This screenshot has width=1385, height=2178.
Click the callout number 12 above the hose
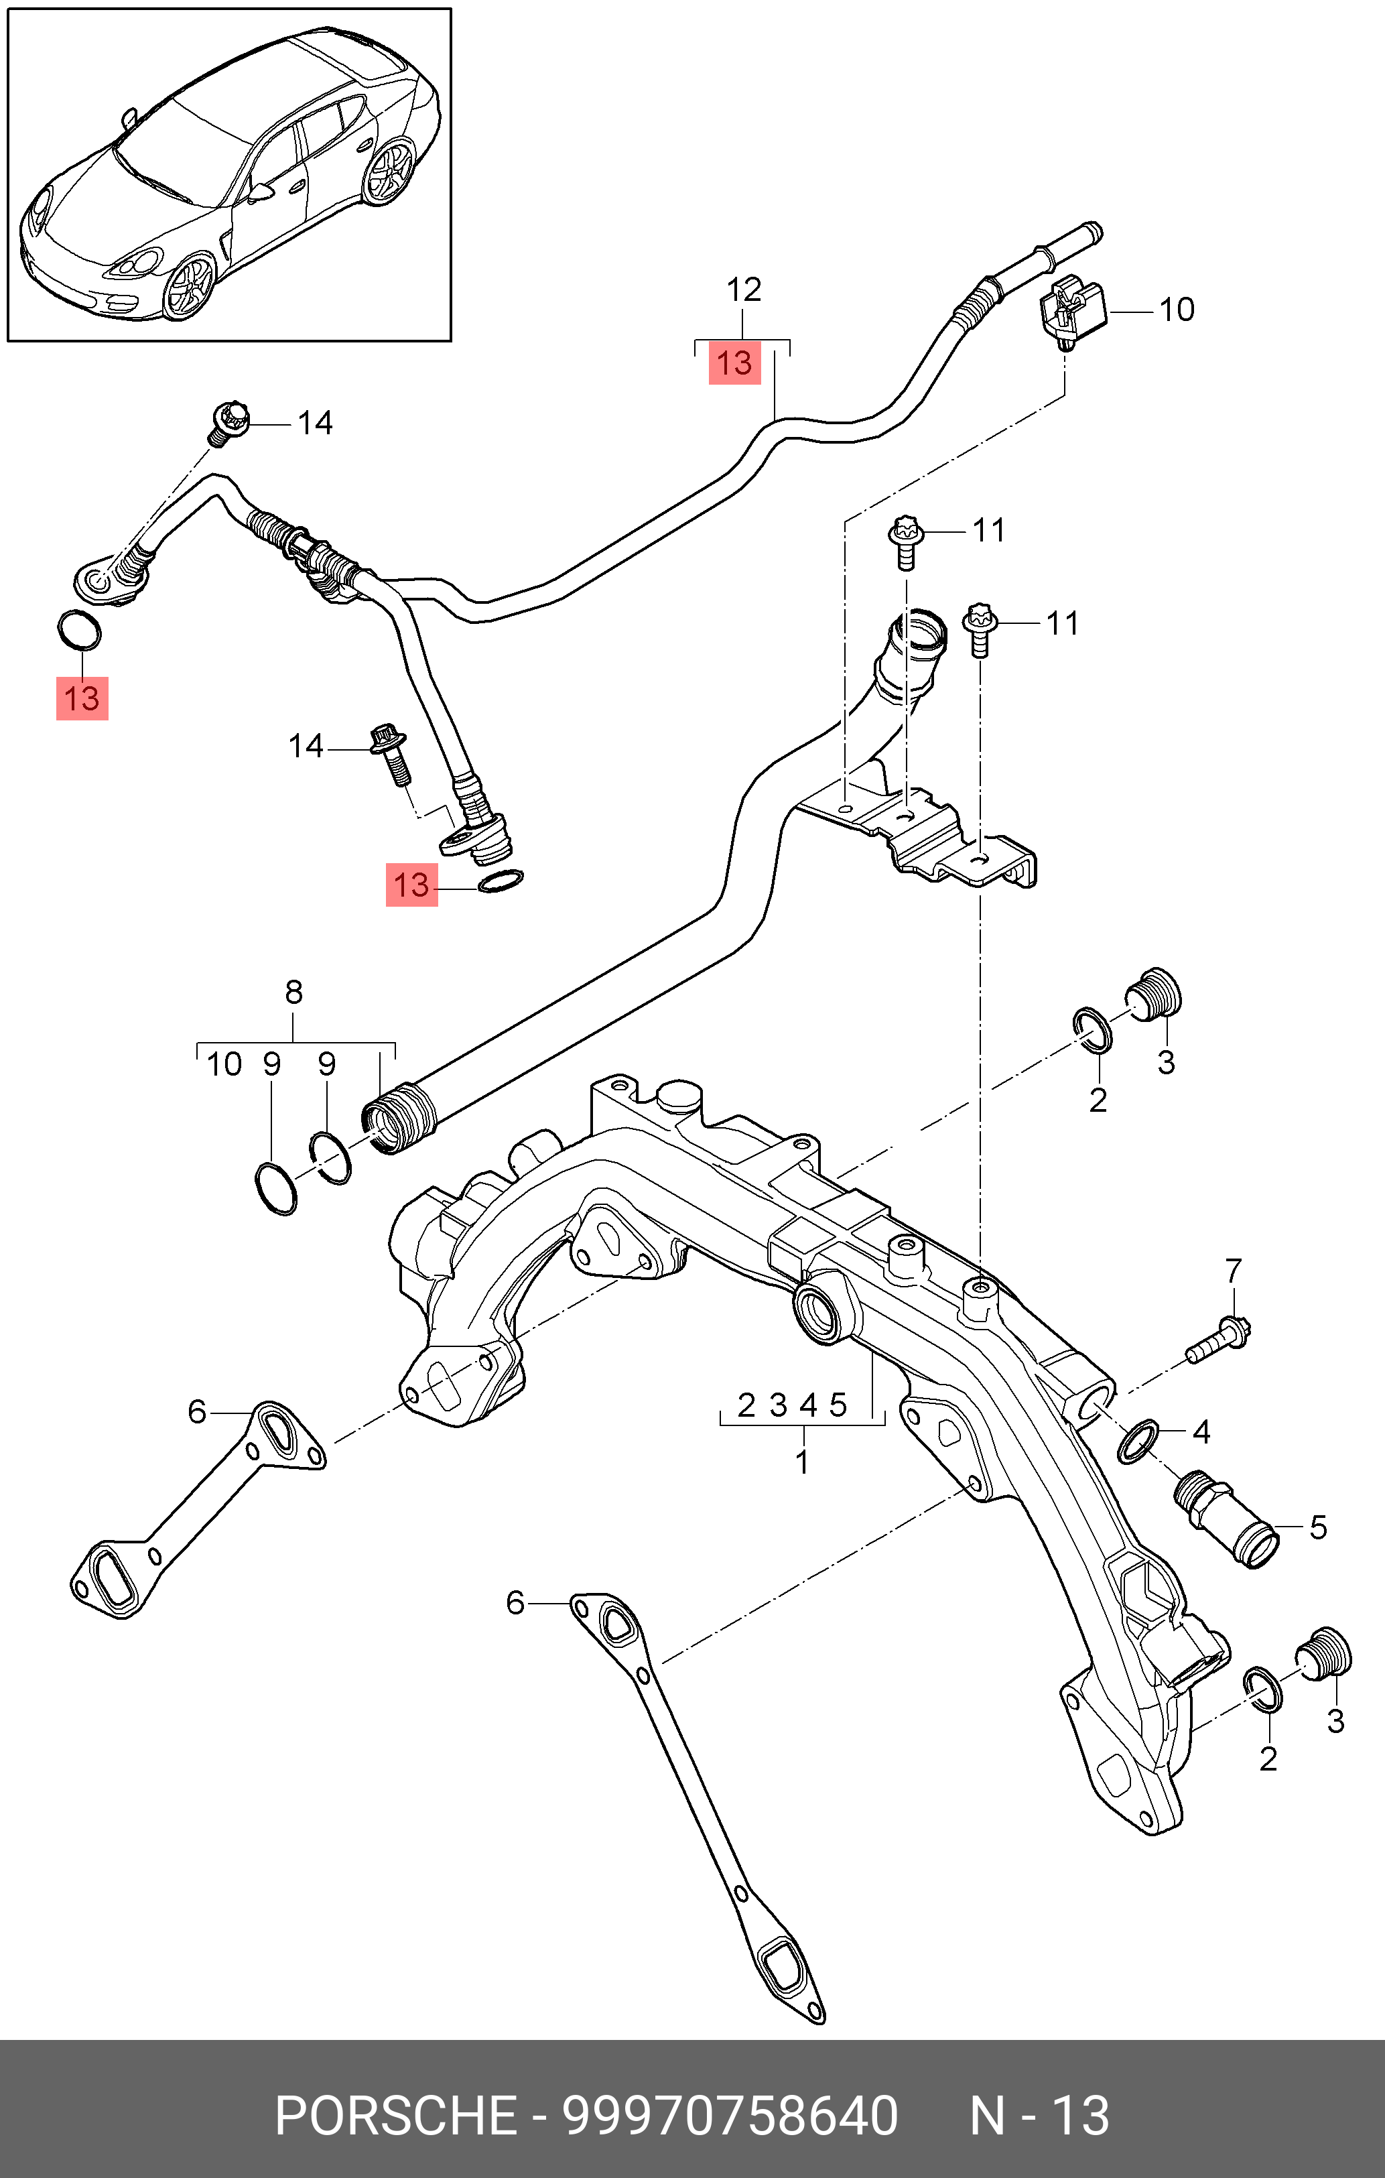click(744, 290)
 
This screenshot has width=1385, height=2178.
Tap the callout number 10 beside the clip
click(1177, 310)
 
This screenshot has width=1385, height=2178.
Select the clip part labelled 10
click(1073, 313)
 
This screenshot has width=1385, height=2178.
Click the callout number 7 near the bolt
click(1234, 1272)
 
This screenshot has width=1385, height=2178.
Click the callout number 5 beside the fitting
click(1318, 1528)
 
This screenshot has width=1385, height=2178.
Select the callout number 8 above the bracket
click(294, 993)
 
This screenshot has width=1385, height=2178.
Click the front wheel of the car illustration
click(190, 287)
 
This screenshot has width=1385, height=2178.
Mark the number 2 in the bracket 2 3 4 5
click(746, 1405)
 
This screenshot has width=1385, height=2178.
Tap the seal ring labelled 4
click(1137, 1442)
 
